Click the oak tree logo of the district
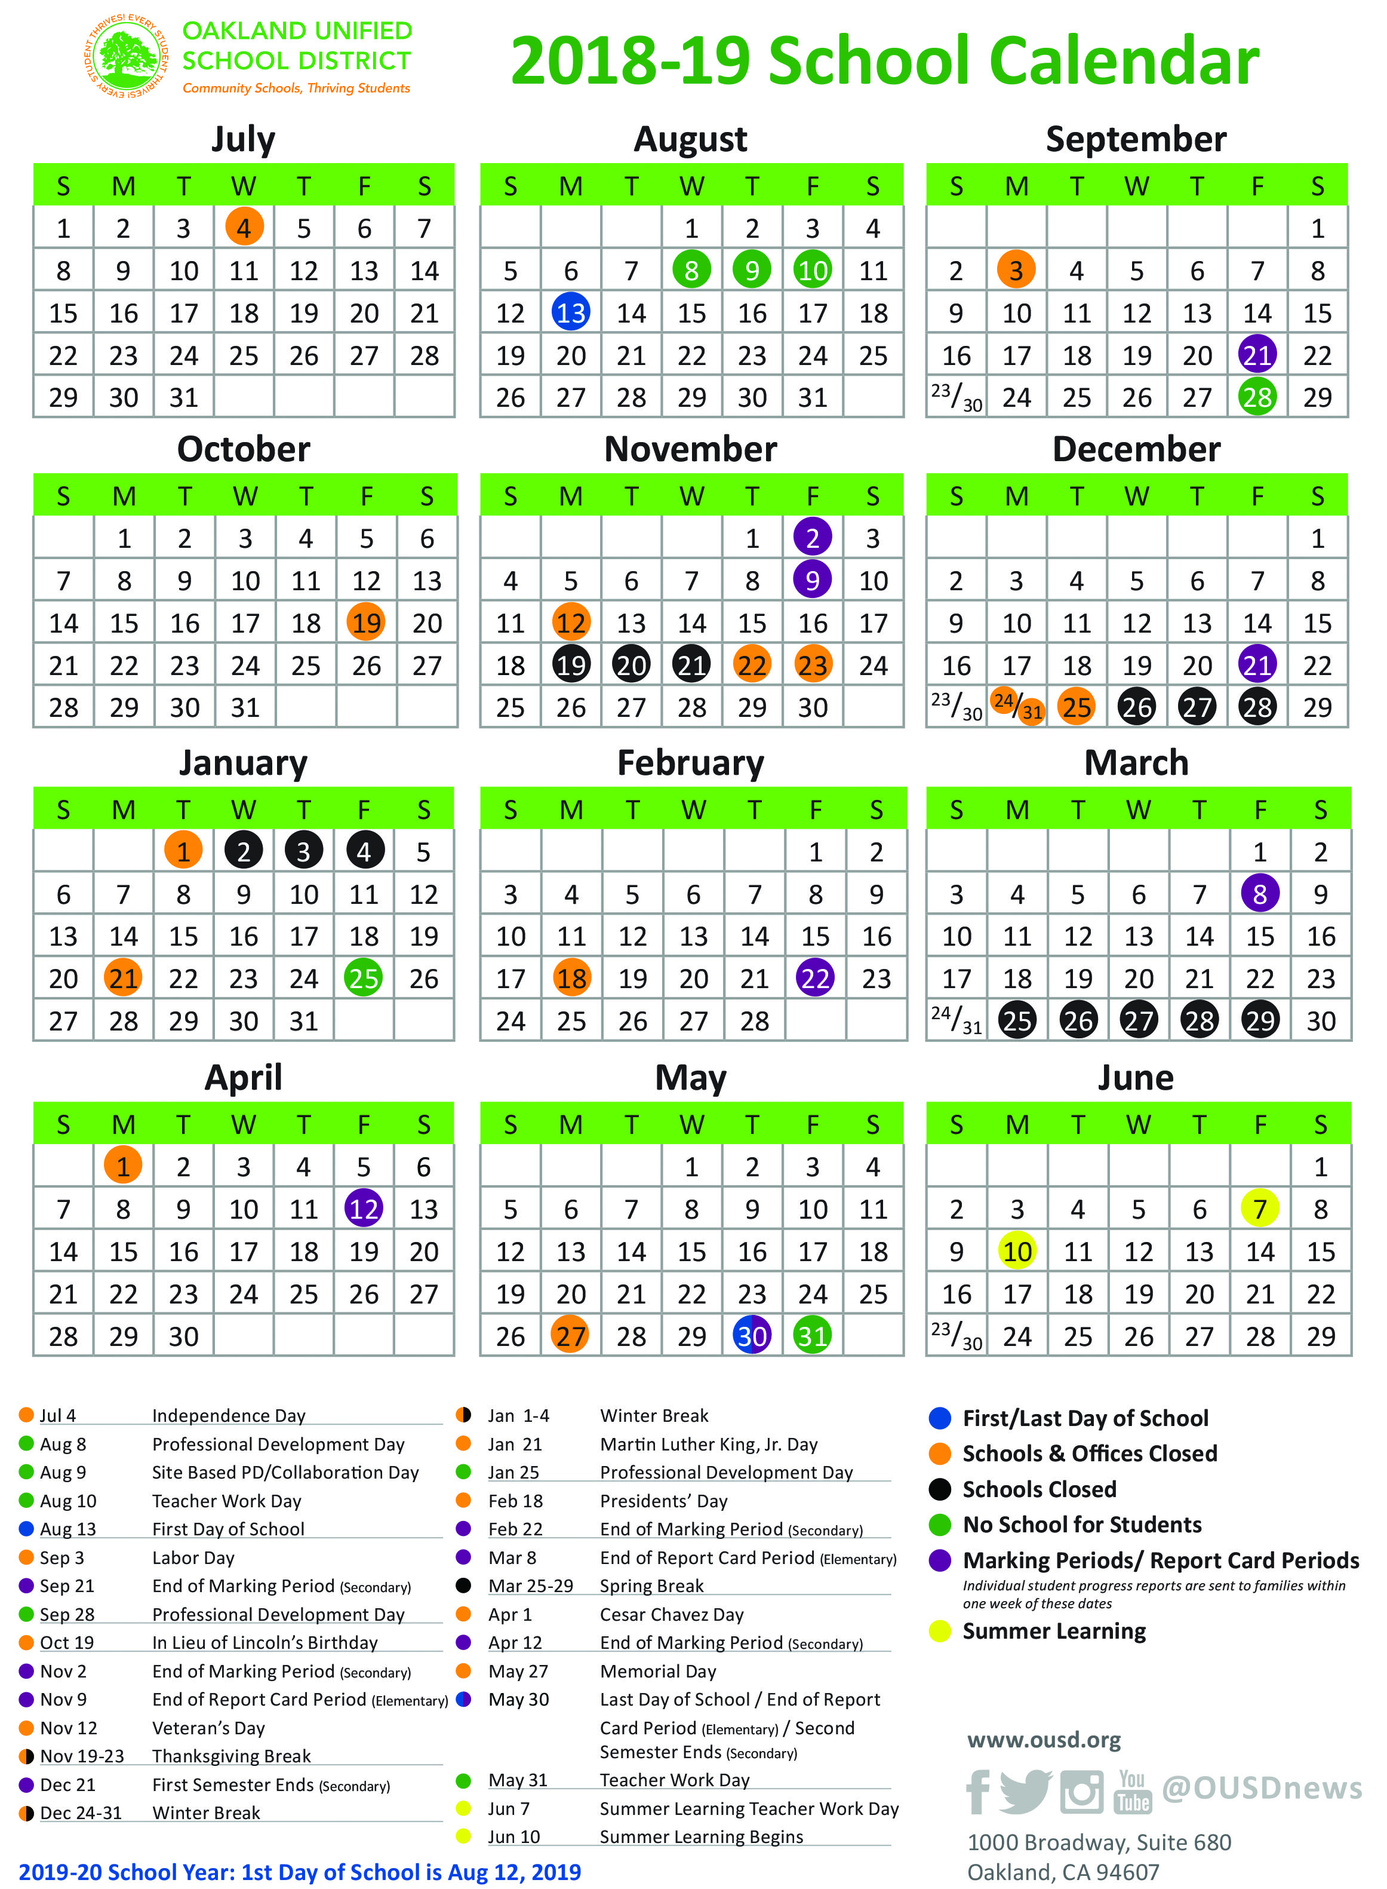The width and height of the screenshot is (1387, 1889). tap(126, 56)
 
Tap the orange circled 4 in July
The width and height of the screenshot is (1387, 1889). tap(244, 228)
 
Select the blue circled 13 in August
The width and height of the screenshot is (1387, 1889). tap(571, 312)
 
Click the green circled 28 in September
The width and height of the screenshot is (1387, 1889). tap(1257, 397)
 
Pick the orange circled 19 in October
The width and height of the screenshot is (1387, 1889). tap(366, 622)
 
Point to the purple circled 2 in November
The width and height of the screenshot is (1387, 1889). tap(812, 538)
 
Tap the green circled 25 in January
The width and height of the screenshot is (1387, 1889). tap(364, 978)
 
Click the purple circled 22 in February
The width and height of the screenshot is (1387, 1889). tap(815, 978)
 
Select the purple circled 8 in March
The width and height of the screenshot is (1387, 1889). tap(1259, 894)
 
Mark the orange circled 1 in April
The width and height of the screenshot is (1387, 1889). tap(124, 1166)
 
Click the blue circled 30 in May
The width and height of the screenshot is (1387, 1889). tap(752, 1335)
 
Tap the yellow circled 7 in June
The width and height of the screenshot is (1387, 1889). tap(1259, 1209)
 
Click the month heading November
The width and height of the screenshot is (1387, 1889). tap(690, 449)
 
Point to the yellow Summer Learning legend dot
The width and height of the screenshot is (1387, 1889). tap(940, 1631)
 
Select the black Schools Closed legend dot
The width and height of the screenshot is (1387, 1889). tap(940, 1489)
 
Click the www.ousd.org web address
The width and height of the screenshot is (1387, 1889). tap(1044, 1740)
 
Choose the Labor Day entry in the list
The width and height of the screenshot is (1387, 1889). tap(193, 1558)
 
